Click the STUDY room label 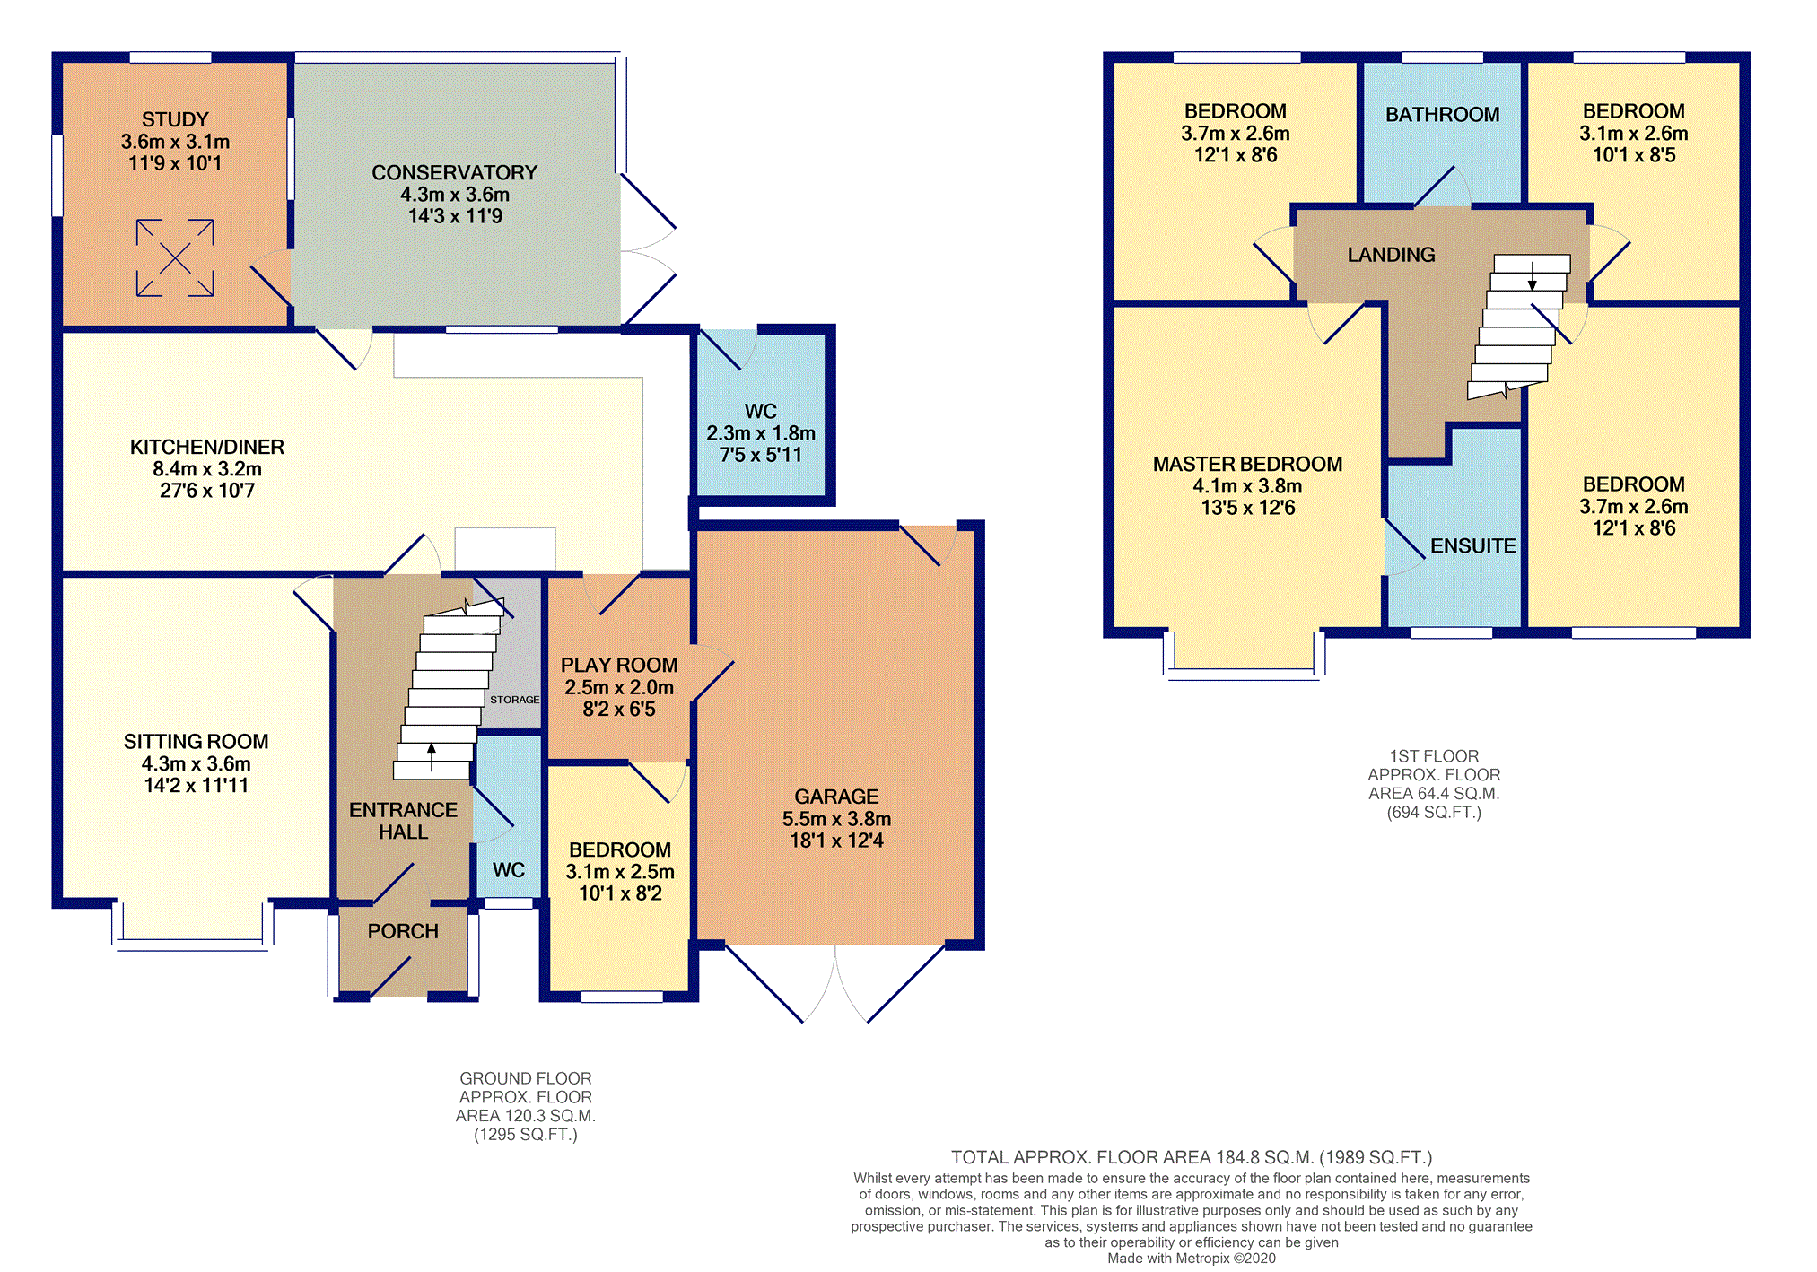(175, 119)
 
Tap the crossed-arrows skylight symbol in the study (175, 257)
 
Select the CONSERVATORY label (455, 172)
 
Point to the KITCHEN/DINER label (207, 447)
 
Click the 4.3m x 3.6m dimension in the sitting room (197, 763)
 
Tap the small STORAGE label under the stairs (515, 700)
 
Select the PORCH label (403, 931)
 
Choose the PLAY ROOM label (619, 665)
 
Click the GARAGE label (836, 797)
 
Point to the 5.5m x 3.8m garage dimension (836, 819)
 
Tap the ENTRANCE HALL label (404, 821)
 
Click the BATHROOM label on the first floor (1443, 114)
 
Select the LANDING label (1392, 255)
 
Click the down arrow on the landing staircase (1533, 274)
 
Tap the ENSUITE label (1473, 545)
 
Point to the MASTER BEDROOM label (1248, 464)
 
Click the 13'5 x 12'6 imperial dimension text (1248, 508)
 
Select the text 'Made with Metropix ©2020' (1192, 1259)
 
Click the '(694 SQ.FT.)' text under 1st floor (1434, 813)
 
